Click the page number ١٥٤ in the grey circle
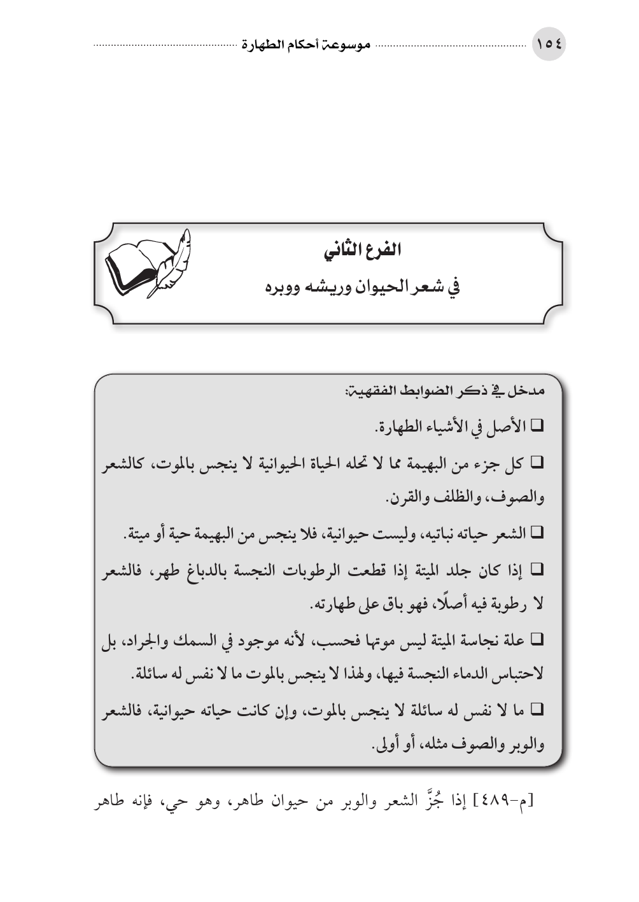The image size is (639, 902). pyautogui.click(x=549, y=45)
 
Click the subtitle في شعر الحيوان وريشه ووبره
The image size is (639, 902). pyautogui.click(x=363, y=286)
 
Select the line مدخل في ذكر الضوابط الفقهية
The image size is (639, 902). pyautogui.click(x=446, y=390)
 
